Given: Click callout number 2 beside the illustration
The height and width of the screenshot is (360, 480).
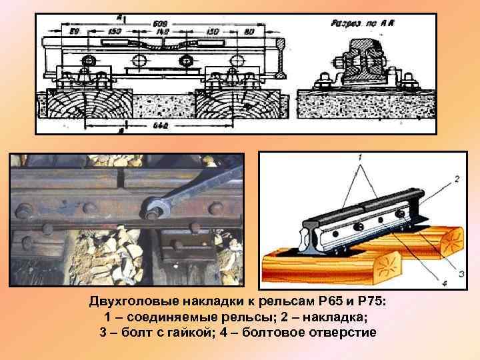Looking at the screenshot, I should (457, 179).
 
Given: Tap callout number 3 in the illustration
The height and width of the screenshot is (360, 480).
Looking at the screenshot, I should (461, 273).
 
